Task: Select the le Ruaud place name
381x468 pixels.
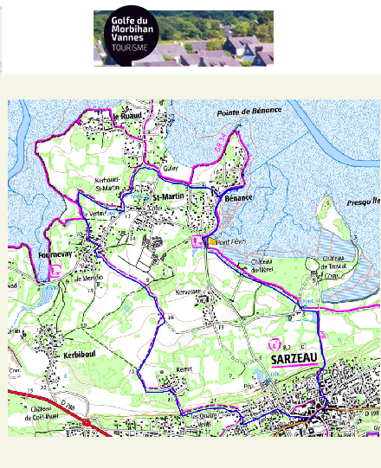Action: point(128,112)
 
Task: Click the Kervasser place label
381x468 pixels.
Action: point(212,292)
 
